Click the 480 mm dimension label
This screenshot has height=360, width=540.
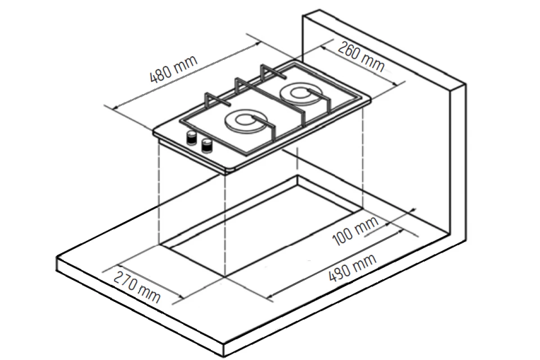click(174, 69)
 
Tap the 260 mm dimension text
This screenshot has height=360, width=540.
click(361, 57)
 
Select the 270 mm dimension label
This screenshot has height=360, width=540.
click(137, 287)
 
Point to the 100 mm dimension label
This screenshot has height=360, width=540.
click(355, 230)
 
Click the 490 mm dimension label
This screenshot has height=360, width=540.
click(352, 268)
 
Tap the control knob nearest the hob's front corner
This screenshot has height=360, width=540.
click(207, 146)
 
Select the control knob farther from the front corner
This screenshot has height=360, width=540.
click(192, 137)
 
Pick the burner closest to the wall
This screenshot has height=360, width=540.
click(301, 94)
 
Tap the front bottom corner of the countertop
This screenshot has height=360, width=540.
click(224, 356)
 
